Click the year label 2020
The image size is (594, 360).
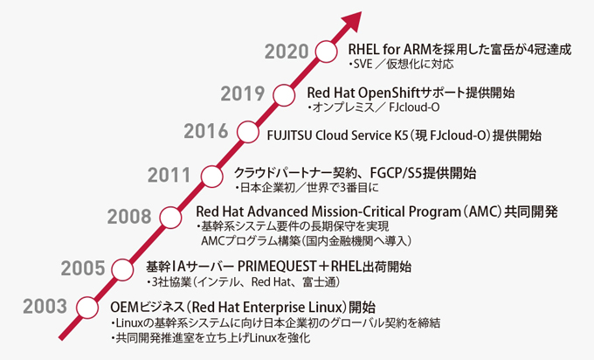(287, 52)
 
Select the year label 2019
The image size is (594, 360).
(243, 93)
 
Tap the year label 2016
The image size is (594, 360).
(206, 131)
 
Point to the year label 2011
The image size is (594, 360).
(169, 175)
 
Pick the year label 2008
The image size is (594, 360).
(129, 217)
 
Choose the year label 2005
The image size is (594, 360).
(83, 268)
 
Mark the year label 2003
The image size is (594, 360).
(45, 306)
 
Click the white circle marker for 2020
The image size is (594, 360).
(326, 52)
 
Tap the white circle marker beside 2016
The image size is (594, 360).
(248, 132)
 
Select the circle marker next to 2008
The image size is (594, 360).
(170, 218)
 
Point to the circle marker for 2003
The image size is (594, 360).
(87, 308)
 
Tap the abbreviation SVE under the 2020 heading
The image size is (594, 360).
(363, 64)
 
